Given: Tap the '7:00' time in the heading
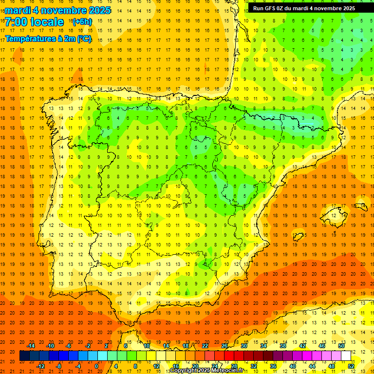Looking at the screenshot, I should [x=18, y=22].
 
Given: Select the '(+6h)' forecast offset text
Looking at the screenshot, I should [x=82, y=22].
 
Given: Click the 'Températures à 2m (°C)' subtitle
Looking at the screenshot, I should [x=48, y=39].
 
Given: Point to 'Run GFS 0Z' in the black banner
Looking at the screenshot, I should [x=272, y=8].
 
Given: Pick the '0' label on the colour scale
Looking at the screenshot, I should [x=96, y=366].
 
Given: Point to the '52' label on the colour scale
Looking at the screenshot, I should [x=351, y=366].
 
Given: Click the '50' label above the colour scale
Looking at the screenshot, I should [x=341, y=346].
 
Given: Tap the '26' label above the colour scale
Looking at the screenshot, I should [x=224, y=346].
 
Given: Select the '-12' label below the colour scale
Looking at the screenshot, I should [x=40, y=366].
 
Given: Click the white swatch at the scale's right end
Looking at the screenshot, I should [x=346, y=356].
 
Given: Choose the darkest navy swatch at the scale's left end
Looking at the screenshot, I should [x=24, y=356].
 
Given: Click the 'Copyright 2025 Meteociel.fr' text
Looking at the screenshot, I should [x=206, y=371].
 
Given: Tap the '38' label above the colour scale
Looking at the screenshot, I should [x=282, y=346].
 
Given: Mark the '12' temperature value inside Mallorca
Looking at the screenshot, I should [x=334, y=215].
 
